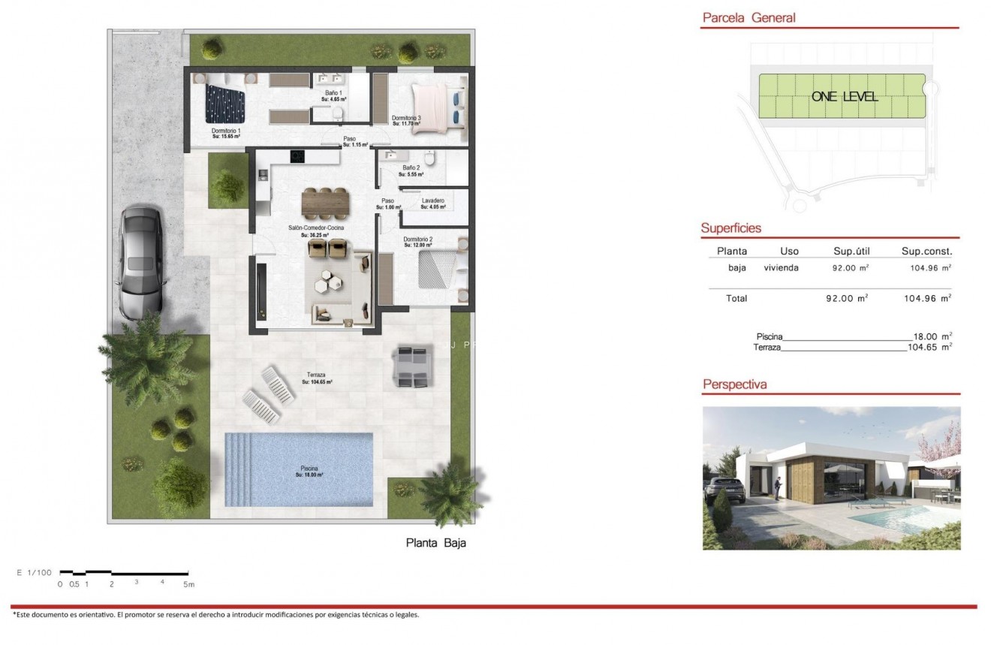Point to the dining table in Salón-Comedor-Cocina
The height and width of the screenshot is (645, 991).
point(325,201)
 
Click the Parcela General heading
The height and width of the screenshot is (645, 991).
point(748,18)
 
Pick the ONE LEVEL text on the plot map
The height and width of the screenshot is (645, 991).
point(845,97)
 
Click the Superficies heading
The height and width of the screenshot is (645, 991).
point(730,228)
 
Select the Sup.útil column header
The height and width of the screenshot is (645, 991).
point(851,252)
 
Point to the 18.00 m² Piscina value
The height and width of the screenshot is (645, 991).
point(930,336)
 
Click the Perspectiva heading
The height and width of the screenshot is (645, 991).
point(734,384)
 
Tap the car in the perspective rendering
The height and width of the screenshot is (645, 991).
point(725,490)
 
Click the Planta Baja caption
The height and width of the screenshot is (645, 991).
point(435,543)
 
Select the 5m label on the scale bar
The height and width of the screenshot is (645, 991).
point(188,583)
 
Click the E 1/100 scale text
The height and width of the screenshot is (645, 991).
point(33,573)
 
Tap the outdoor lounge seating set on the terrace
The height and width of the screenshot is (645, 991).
point(411,366)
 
